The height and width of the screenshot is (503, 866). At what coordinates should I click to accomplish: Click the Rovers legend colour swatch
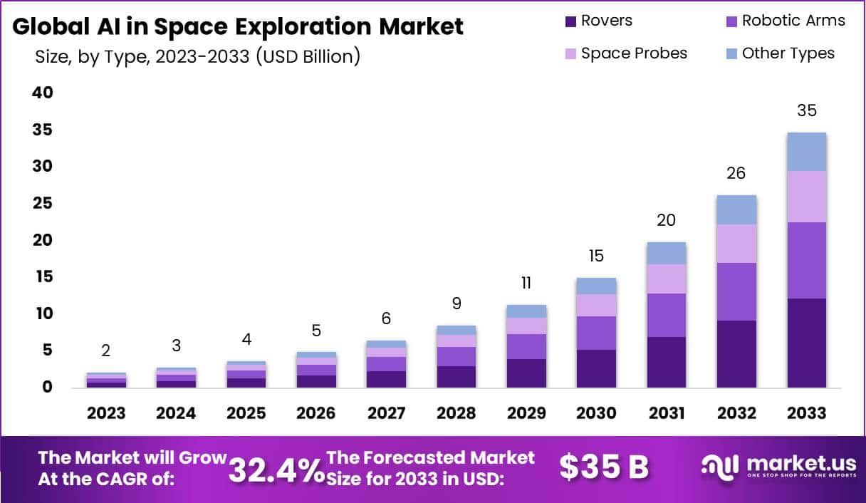(570, 21)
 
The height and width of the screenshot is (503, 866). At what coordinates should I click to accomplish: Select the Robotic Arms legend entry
(793, 21)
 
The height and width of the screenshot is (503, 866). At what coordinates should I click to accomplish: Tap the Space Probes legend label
(634, 53)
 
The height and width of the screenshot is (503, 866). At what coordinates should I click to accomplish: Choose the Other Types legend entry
(788, 53)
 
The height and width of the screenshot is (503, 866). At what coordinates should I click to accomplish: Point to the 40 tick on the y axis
(43, 93)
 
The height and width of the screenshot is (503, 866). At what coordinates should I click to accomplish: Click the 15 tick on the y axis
(43, 276)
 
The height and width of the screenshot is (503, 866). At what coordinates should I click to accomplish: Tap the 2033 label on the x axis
(807, 413)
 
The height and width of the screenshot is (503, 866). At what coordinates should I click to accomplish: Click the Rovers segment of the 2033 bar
(807, 343)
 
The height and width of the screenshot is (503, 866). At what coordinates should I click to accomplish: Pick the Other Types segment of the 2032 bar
(736, 209)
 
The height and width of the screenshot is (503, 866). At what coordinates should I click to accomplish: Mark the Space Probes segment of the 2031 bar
(667, 279)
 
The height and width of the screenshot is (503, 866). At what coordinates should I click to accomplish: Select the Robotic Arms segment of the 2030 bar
(597, 333)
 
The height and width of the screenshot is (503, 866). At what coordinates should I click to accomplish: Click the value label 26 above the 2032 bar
(736, 174)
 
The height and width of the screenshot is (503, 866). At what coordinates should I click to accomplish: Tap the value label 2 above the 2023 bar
(106, 351)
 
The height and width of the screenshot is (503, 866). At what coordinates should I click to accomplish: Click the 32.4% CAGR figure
(276, 469)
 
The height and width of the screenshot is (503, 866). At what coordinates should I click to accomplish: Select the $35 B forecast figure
(604, 467)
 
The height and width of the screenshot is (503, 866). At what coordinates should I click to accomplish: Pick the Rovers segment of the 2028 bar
(457, 377)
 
